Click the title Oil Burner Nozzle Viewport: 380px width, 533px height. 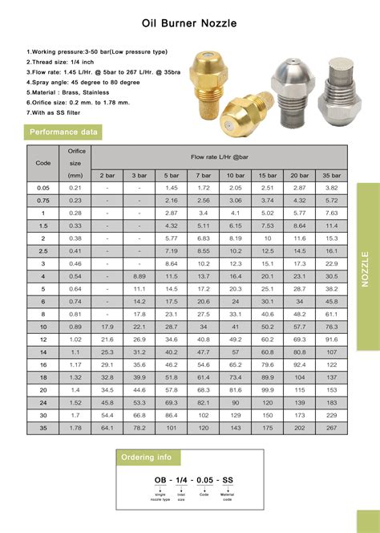point(189,25)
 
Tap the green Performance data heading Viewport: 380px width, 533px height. point(63,132)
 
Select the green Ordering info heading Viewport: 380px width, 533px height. point(148,458)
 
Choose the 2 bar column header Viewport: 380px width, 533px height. point(107,175)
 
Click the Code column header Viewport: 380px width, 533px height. point(43,162)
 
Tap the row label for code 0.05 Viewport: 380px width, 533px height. point(43,187)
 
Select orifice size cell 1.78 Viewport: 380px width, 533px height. point(75,428)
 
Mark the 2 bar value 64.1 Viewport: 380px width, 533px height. point(107,428)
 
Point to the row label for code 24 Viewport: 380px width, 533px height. point(43,402)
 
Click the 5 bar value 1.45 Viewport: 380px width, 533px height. point(171,187)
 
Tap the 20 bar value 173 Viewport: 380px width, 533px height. point(299,415)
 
